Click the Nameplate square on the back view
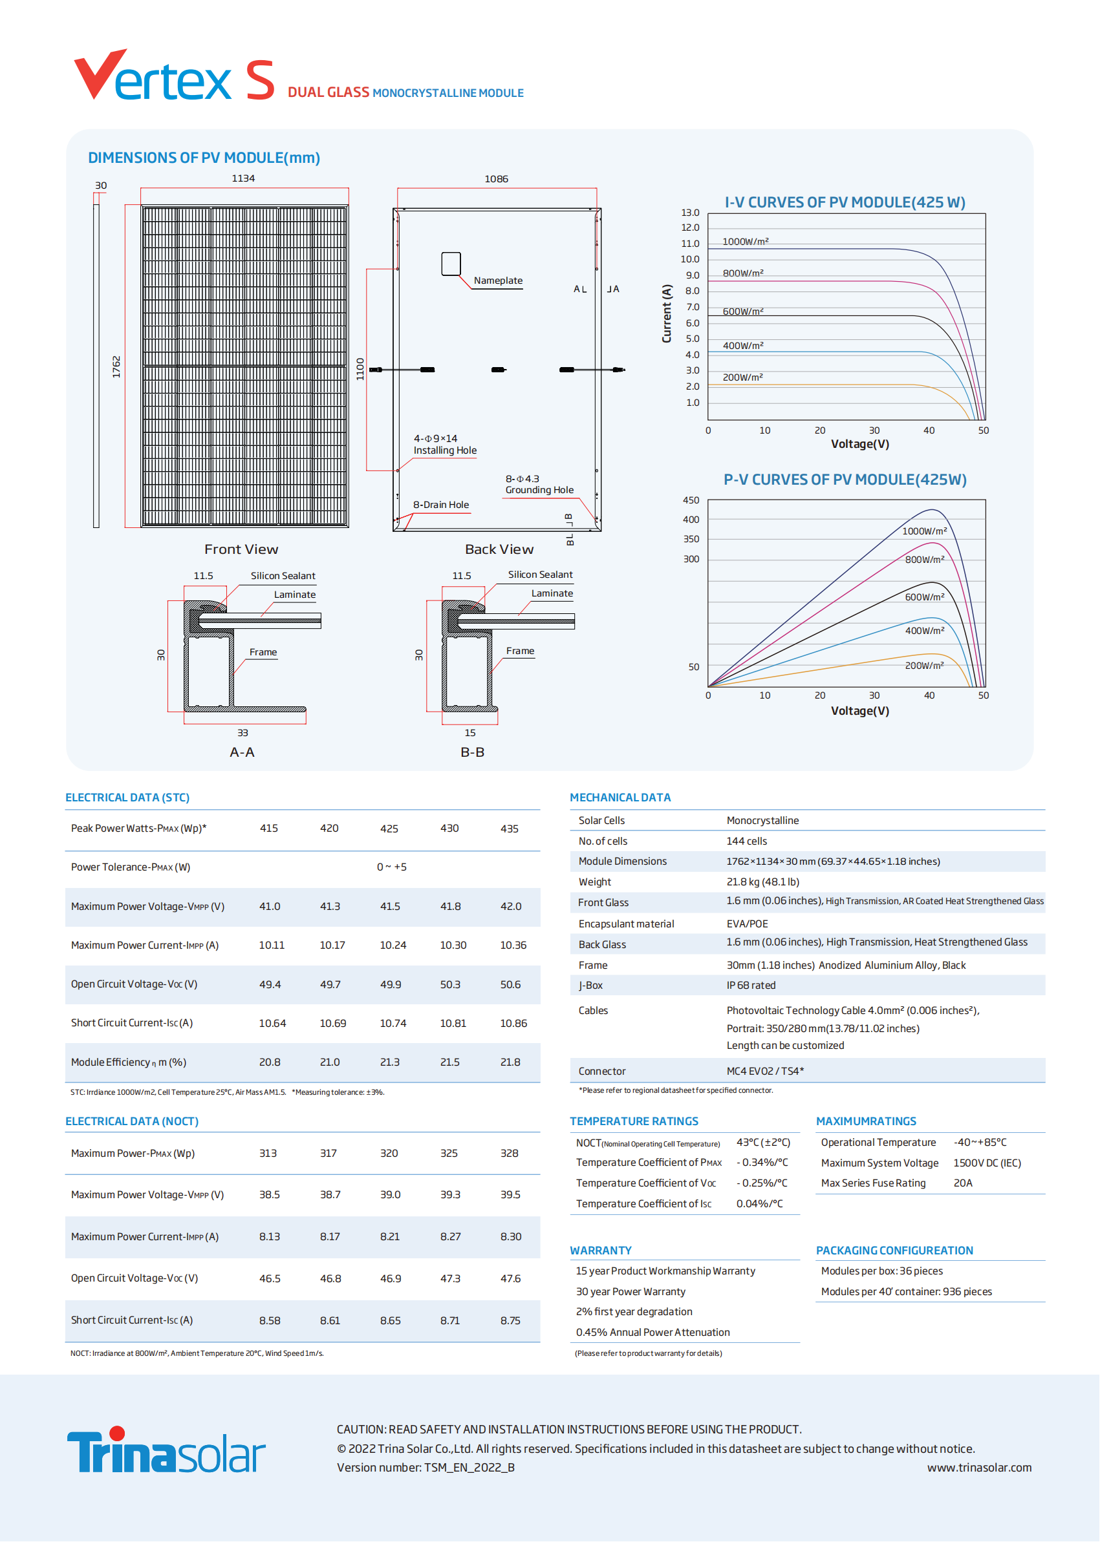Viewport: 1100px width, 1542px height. pyautogui.click(x=451, y=264)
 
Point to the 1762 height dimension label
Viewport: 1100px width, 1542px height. pyautogui.click(x=116, y=366)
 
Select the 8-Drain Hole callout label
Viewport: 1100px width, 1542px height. pyautogui.click(x=441, y=504)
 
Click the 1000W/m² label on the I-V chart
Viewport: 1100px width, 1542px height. pyautogui.click(x=745, y=241)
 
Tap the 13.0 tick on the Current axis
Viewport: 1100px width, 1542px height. pyautogui.click(x=690, y=213)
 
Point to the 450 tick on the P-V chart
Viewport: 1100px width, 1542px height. pyautogui.click(x=691, y=500)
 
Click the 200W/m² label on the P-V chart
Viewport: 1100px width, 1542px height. pyautogui.click(x=925, y=666)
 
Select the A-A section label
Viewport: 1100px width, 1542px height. pyautogui.click(x=242, y=752)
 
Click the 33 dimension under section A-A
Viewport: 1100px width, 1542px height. pyautogui.click(x=243, y=732)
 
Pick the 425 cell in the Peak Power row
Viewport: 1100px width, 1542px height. pyautogui.click(x=389, y=829)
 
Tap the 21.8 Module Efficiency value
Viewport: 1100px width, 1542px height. pyautogui.click(x=510, y=1062)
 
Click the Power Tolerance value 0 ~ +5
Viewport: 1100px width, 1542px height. pyautogui.click(x=391, y=867)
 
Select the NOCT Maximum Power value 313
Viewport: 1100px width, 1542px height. pyautogui.click(x=268, y=1154)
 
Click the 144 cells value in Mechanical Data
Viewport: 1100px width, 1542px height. pyautogui.click(x=746, y=841)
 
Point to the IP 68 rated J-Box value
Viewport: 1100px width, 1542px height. pyautogui.click(x=751, y=986)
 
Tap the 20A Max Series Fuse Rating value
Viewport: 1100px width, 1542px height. pyautogui.click(x=962, y=1183)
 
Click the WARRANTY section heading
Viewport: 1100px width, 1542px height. pyautogui.click(x=600, y=1251)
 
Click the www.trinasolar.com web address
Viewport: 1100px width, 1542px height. pyautogui.click(x=979, y=1468)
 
